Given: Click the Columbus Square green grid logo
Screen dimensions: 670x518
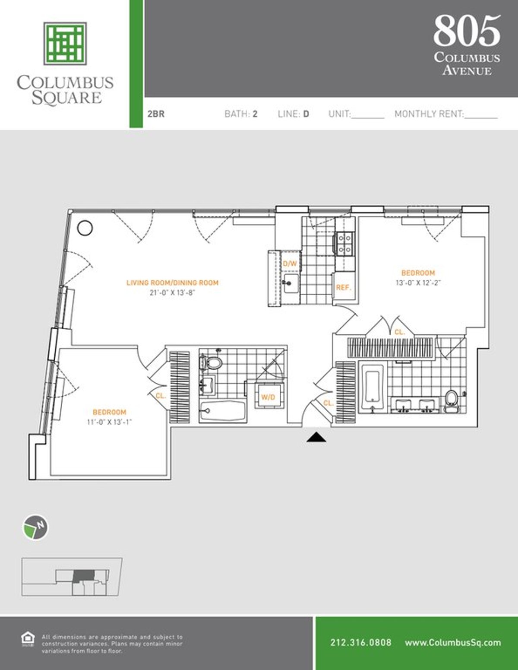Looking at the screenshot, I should (x=65, y=43).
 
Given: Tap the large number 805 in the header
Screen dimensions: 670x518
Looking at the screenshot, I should (x=467, y=31).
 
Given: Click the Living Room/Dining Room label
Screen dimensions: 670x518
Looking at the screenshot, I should (x=172, y=283).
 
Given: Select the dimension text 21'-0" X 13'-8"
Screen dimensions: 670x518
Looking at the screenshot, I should (x=172, y=292).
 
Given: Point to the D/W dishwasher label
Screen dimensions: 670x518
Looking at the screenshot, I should (x=290, y=264).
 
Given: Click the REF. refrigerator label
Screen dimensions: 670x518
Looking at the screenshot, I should (x=344, y=287).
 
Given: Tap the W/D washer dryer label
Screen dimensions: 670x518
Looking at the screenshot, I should (x=268, y=397).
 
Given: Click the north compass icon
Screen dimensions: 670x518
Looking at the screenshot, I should (x=35, y=527).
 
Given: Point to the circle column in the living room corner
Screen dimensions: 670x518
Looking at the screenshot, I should (x=85, y=228).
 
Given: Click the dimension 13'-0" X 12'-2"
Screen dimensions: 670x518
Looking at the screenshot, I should (x=418, y=283).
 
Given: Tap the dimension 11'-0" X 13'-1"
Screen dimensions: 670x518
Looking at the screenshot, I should (x=109, y=422).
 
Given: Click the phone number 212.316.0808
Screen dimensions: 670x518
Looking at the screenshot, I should (x=361, y=642).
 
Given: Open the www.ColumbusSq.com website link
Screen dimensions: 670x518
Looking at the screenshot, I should (x=453, y=642).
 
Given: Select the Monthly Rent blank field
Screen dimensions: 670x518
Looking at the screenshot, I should (x=481, y=114).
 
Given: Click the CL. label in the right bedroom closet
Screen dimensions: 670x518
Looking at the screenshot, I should (x=400, y=332).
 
